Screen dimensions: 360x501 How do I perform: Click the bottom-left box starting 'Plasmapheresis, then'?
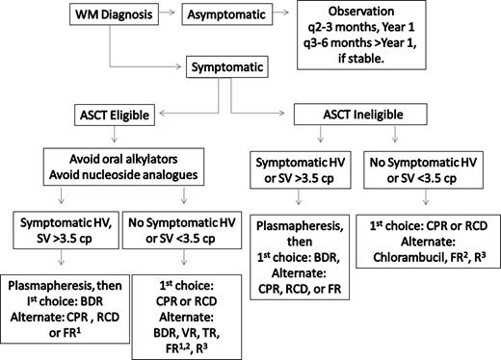pyautogui.click(x=73, y=307)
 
